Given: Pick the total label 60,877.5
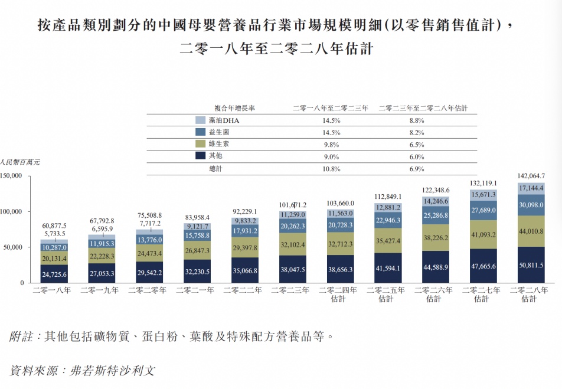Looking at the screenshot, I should click(x=54, y=225).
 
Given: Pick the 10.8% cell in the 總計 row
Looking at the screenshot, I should click(x=332, y=169).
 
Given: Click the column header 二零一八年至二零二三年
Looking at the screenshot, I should click(x=331, y=108).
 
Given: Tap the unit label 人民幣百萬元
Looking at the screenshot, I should click(x=20, y=161).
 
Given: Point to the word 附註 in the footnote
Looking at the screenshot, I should click(x=22, y=336).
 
